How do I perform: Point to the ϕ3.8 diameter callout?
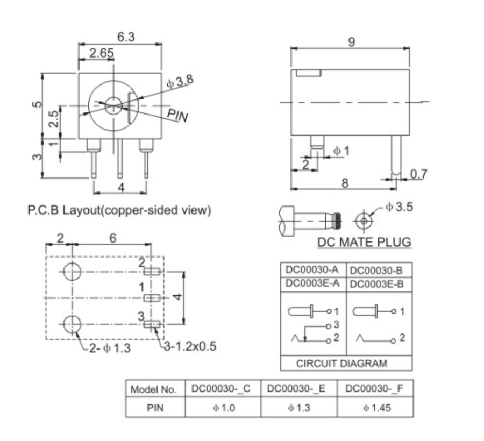point(180,82)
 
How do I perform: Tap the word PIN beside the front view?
point(177,115)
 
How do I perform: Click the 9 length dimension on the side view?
point(351,42)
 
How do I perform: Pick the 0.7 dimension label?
point(418,174)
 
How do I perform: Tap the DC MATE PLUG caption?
point(364,243)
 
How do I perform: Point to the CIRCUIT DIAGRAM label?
point(341,364)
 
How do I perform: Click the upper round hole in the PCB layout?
point(72,272)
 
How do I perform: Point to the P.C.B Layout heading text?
point(119,210)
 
